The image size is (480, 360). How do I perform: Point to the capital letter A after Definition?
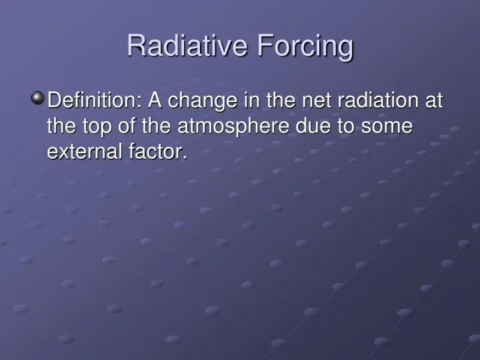click(x=155, y=101)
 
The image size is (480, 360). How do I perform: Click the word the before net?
click(x=281, y=101)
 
